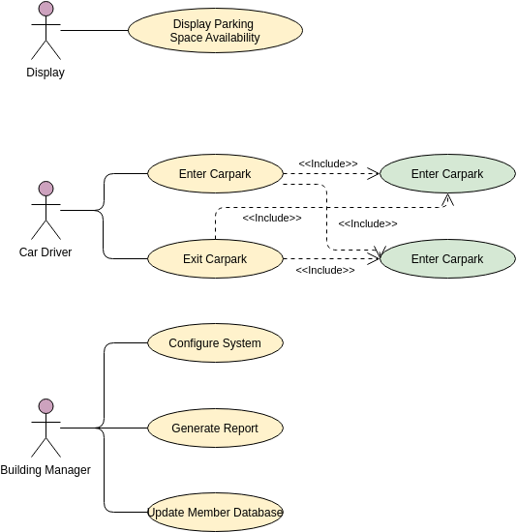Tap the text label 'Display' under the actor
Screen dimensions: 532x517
[46, 73]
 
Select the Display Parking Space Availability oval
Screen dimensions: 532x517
[215, 31]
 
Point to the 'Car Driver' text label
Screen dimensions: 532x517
[46, 252]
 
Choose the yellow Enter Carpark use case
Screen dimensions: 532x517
[215, 174]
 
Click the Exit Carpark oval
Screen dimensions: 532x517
[215, 259]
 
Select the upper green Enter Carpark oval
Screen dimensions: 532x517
[446, 174]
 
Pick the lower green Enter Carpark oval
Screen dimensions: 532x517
[446, 259]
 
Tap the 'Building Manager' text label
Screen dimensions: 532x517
[46, 470]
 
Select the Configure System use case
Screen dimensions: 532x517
[215, 343]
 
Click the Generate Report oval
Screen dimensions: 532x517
[215, 428]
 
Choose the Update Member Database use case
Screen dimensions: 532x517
[215, 513]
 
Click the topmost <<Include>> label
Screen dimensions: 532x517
[327, 163]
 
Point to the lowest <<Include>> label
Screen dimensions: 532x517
[324, 270]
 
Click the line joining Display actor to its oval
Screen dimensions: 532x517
[94, 30]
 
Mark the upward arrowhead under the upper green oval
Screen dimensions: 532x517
[446, 199]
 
